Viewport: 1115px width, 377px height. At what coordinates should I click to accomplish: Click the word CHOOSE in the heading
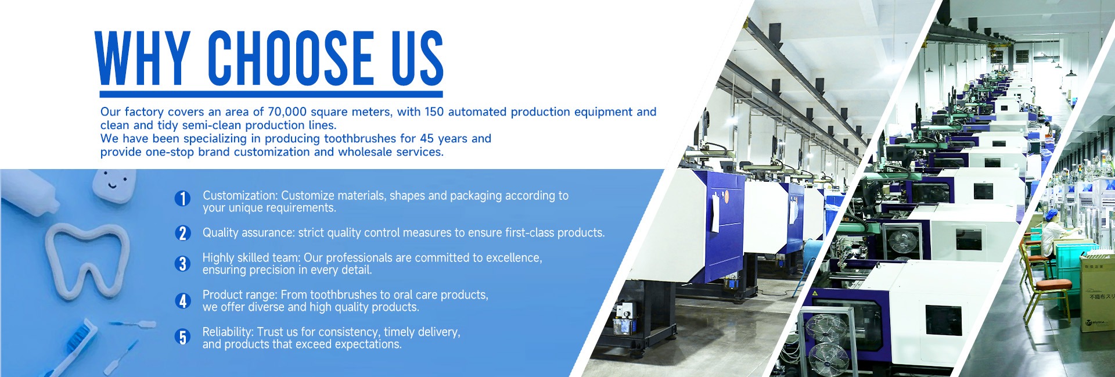click(x=291, y=58)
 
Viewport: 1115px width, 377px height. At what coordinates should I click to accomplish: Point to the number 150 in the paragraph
click(x=434, y=112)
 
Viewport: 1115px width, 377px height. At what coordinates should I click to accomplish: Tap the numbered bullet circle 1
click(x=182, y=199)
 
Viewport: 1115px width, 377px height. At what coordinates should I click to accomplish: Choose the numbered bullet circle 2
click(x=182, y=233)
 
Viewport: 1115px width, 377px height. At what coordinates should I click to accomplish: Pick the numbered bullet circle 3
click(x=182, y=264)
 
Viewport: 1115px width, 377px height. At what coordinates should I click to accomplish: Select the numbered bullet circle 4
click(x=182, y=301)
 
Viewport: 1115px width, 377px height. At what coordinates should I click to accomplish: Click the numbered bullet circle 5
click(x=182, y=337)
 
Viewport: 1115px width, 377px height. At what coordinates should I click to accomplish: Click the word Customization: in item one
click(x=240, y=196)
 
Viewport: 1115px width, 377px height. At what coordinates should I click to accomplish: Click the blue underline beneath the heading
click(x=271, y=94)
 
